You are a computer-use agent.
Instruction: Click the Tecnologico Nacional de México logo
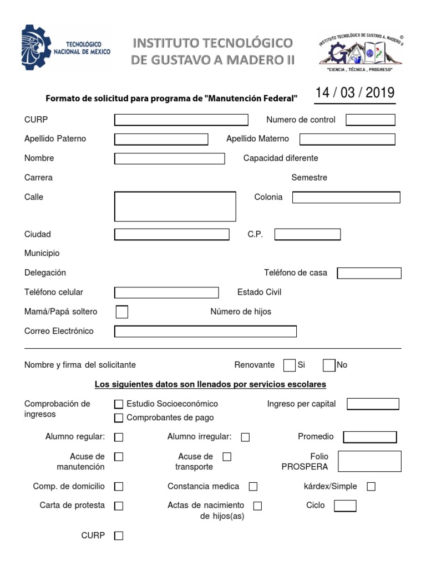tap(66, 48)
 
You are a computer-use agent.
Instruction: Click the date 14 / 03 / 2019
tap(355, 92)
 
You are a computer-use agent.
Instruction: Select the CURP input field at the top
tap(181, 120)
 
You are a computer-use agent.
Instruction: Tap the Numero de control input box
tap(371, 120)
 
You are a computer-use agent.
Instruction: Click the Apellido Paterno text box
tap(161, 139)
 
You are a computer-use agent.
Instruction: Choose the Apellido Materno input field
tap(347, 139)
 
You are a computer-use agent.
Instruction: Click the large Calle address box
tap(175, 207)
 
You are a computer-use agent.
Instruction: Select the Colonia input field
tap(346, 197)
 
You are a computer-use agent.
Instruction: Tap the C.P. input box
tap(307, 234)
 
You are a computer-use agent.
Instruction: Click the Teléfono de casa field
tap(369, 273)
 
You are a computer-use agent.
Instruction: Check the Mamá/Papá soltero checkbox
tap(122, 312)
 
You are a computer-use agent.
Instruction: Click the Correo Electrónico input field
tap(205, 331)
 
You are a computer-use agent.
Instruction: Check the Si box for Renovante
tap(289, 365)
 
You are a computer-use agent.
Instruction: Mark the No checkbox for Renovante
tap(329, 365)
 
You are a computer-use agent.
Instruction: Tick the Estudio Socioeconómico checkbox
tap(119, 404)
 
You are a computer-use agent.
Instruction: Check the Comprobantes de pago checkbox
tap(119, 417)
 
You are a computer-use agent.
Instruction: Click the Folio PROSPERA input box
tap(369, 461)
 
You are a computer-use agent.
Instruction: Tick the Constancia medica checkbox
tap(253, 487)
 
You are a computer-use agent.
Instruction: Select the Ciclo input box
tap(346, 506)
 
